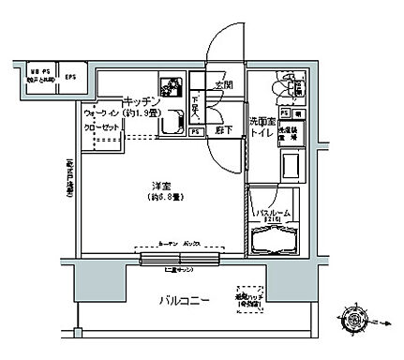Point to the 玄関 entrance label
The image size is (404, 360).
click(222, 85)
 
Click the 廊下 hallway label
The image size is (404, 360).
click(222, 131)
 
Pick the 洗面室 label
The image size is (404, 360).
click(261, 123)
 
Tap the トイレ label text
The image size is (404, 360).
click(262, 135)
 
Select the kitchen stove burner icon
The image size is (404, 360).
click(172, 88)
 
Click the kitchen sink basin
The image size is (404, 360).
click(171, 120)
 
